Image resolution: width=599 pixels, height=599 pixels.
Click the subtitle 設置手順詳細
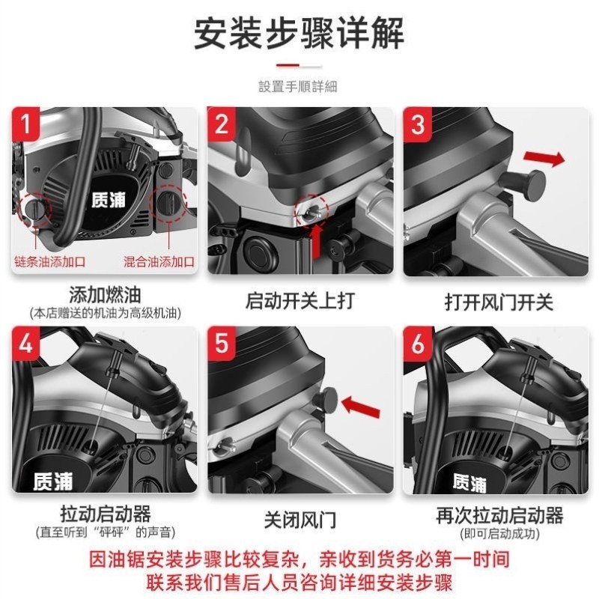[x=298, y=87]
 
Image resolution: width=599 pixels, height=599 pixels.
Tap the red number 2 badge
[x=222, y=124]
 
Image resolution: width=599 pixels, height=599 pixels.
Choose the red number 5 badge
[x=222, y=344]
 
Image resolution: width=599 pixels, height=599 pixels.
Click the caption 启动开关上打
[x=299, y=301]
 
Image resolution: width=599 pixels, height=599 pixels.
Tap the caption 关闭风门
[x=299, y=519]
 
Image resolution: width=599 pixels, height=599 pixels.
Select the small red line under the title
[x=299, y=65]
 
